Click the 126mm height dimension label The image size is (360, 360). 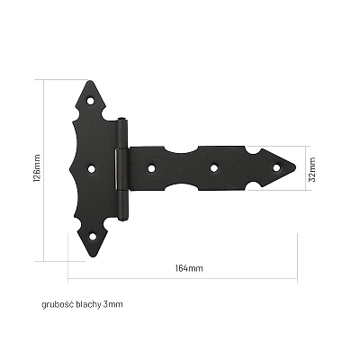(37, 168)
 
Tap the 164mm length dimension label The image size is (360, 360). (189, 268)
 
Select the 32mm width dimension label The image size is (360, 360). (312, 169)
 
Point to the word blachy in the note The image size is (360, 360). (89, 304)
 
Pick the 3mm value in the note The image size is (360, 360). (113, 304)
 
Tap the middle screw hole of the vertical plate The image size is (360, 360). (92, 169)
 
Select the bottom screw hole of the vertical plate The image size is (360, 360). (93, 237)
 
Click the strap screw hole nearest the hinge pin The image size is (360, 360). (152, 168)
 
